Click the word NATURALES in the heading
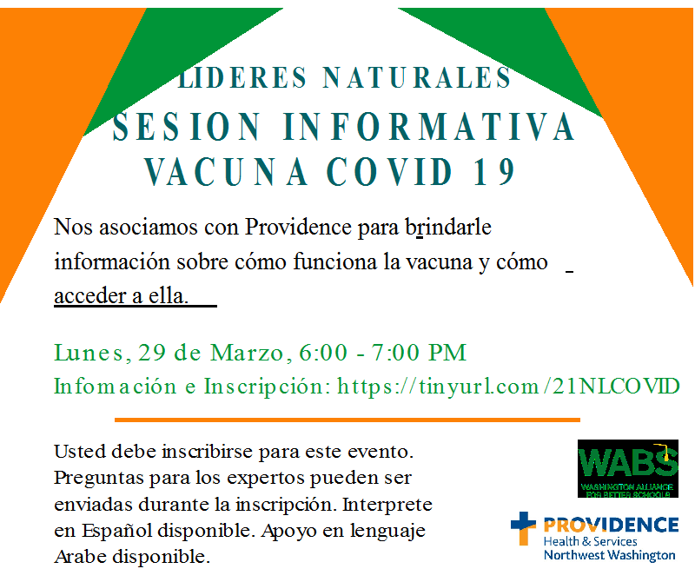[x=417, y=77]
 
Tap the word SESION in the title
[x=187, y=127]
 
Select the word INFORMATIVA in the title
[x=429, y=127]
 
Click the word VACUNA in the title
[x=226, y=172]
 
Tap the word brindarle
[x=448, y=227]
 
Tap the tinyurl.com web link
[x=508, y=387]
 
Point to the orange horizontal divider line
[x=347, y=420]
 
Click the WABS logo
[x=627, y=468]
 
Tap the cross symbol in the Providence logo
[x=523, y=527]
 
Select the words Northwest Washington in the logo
[x=610, y=555]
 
